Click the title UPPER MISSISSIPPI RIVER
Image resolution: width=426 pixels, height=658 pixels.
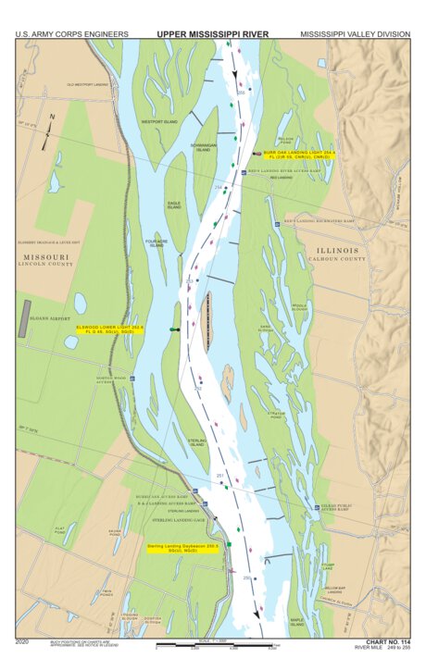[x=212, y=33]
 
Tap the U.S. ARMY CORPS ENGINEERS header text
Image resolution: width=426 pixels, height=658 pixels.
[x=71, y=34]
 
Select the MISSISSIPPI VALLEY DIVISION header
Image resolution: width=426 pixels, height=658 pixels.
[x=355, y=34]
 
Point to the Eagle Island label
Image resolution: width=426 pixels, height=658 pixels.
[x=174, y=205]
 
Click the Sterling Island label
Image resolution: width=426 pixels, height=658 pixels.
[x=196, y=442]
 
